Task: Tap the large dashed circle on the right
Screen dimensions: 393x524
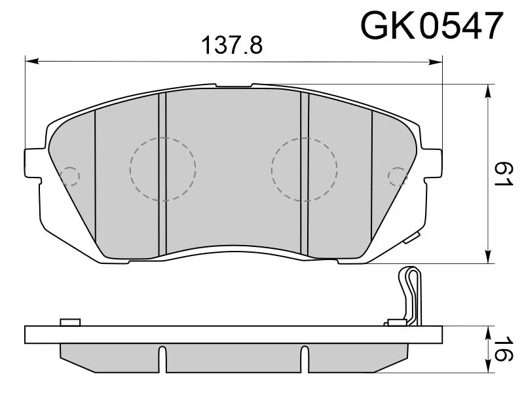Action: click(x=304, y=170)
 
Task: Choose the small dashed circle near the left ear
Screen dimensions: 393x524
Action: click(x=69, y=176)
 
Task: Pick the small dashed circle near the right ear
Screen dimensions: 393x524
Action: click(x=398, y=176)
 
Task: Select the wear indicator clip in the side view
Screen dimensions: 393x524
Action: click(x=411, y=295)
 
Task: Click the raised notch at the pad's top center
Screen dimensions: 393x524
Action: click(x=234, y=86)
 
